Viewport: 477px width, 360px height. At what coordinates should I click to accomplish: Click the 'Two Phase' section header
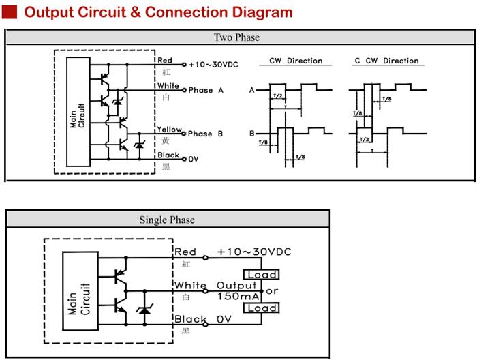point(236,37)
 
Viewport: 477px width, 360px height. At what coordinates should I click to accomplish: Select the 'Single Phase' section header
point(167,220)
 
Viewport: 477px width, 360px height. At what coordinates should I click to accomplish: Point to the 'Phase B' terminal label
point(205,134)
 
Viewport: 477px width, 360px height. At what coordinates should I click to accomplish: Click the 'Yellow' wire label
point(169,130)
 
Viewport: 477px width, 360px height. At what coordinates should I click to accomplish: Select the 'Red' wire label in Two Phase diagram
point(165,61)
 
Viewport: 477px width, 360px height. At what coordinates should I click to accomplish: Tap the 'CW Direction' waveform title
point(295,61)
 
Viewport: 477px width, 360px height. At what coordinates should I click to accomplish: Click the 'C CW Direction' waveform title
point(386,61)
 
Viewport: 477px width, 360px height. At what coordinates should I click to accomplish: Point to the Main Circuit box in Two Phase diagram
point(78,112)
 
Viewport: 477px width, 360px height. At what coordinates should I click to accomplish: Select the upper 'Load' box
point(262,274)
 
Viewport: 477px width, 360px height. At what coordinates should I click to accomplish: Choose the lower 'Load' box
point(262,308)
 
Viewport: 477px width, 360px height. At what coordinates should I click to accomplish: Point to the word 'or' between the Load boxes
point(272,291)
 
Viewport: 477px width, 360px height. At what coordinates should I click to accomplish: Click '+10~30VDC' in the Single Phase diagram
point(254,252)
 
